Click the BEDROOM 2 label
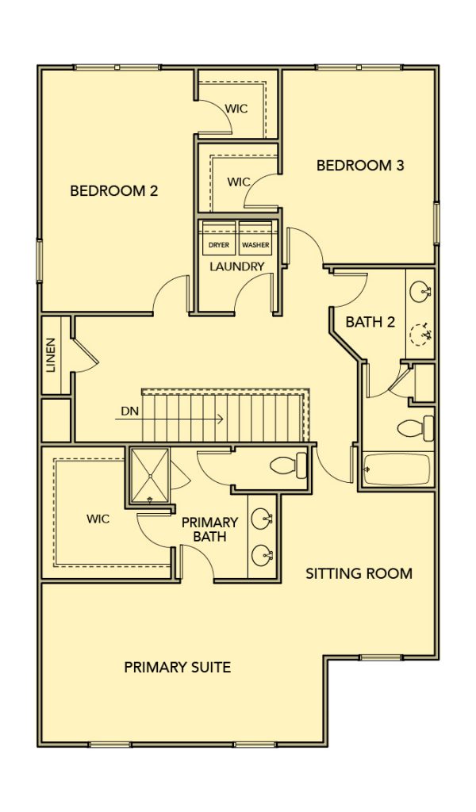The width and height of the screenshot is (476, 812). click(x=114, y=191)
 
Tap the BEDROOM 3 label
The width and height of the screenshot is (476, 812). click(x=360, y=166)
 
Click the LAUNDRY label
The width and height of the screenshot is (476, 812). click(x=237, y=267)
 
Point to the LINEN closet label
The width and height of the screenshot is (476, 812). click(x=50, y=355)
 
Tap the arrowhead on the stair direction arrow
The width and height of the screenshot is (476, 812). click(x=221, y=419)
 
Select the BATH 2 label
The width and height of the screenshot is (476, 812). click(x=370, y=322)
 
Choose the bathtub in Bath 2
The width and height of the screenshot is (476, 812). click(x=397, y=469)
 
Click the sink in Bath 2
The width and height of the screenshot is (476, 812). click(x=420, y=292)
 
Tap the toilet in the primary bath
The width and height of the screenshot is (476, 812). click(x=289, y=465)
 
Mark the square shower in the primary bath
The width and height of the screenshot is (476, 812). click(x=150, y=476)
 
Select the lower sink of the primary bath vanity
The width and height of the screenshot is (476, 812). click(x=262, y=556)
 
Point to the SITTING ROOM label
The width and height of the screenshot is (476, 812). click(x=359, y=574)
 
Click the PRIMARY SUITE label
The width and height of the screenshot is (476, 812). click(x=178, y=668)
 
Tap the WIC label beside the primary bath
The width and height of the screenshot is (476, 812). click(x=98, y=519)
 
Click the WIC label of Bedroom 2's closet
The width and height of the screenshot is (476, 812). click(x=236, y=109)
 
